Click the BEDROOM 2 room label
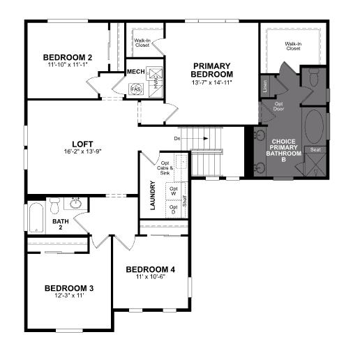point(68,57)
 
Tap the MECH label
point(135,71)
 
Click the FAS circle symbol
point(136,89)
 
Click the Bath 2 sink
point(75,204)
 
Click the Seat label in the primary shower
point(315,150)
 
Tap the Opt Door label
point(279,107)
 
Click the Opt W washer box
point(174,191)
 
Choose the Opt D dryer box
point(174,209)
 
